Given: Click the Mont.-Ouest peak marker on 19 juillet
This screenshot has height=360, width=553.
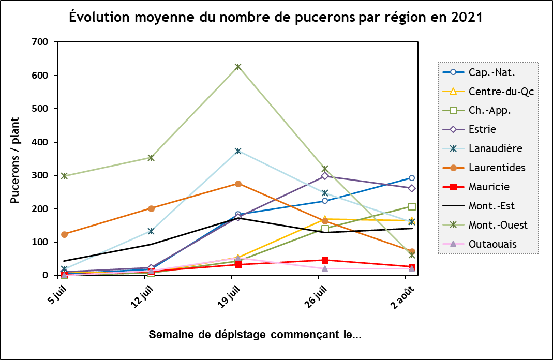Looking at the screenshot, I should [x=238, y=67].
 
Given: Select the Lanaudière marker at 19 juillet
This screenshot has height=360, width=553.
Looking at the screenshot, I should [x=238, y=151].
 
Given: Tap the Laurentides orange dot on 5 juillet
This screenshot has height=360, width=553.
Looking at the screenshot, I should [x=64, y=234].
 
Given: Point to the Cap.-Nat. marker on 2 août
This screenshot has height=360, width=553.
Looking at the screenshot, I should [x=412, y=178].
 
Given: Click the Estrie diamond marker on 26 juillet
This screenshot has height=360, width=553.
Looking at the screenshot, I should [x=325, y=176].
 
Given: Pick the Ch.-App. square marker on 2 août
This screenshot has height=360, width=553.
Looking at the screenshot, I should [x=412, y=206].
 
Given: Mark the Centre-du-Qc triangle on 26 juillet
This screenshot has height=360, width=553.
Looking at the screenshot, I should [x=325, y=219].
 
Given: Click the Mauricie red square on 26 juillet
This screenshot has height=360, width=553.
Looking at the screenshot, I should [x=325, y=260].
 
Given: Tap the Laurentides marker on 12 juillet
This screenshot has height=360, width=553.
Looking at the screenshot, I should [x=151, y=208].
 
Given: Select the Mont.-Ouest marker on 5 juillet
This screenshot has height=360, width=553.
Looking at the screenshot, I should [x=64, y=176].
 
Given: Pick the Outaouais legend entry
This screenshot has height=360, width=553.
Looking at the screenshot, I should [x=491, y=244].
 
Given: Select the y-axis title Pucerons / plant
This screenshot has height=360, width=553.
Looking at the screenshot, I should [x=15, y=160].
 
